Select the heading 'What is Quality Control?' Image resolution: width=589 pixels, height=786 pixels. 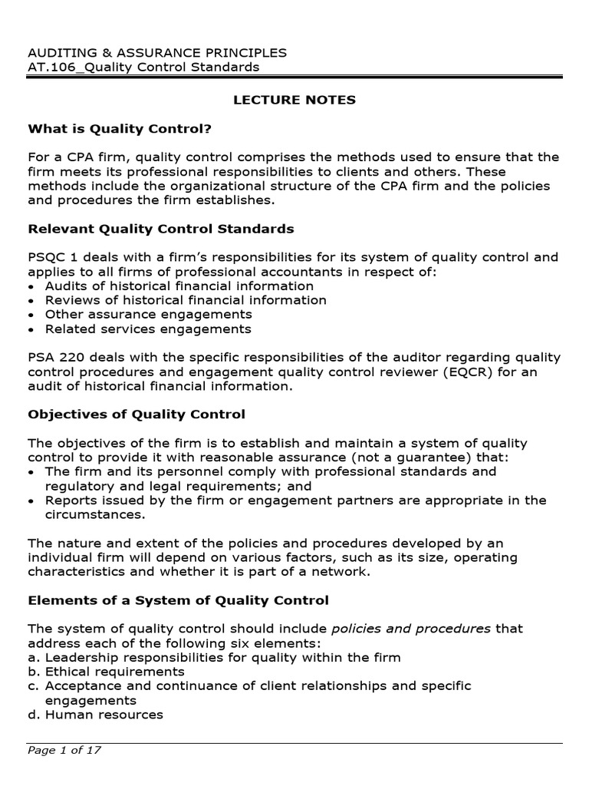click(120, 128)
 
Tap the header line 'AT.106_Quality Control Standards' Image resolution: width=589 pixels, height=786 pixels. click(143, 67)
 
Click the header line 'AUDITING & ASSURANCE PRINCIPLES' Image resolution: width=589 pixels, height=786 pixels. click(157, 52)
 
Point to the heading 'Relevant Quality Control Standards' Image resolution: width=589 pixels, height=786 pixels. click(161, 229)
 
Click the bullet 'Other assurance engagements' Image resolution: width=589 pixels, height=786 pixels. click(148, 315)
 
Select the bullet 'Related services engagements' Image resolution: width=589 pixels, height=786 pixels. click(148, 329)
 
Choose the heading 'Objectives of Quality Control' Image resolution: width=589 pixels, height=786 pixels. click(137, 414)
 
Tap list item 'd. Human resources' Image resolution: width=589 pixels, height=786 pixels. click(96, 715)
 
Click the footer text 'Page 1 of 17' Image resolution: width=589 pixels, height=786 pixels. click(64, 751)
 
